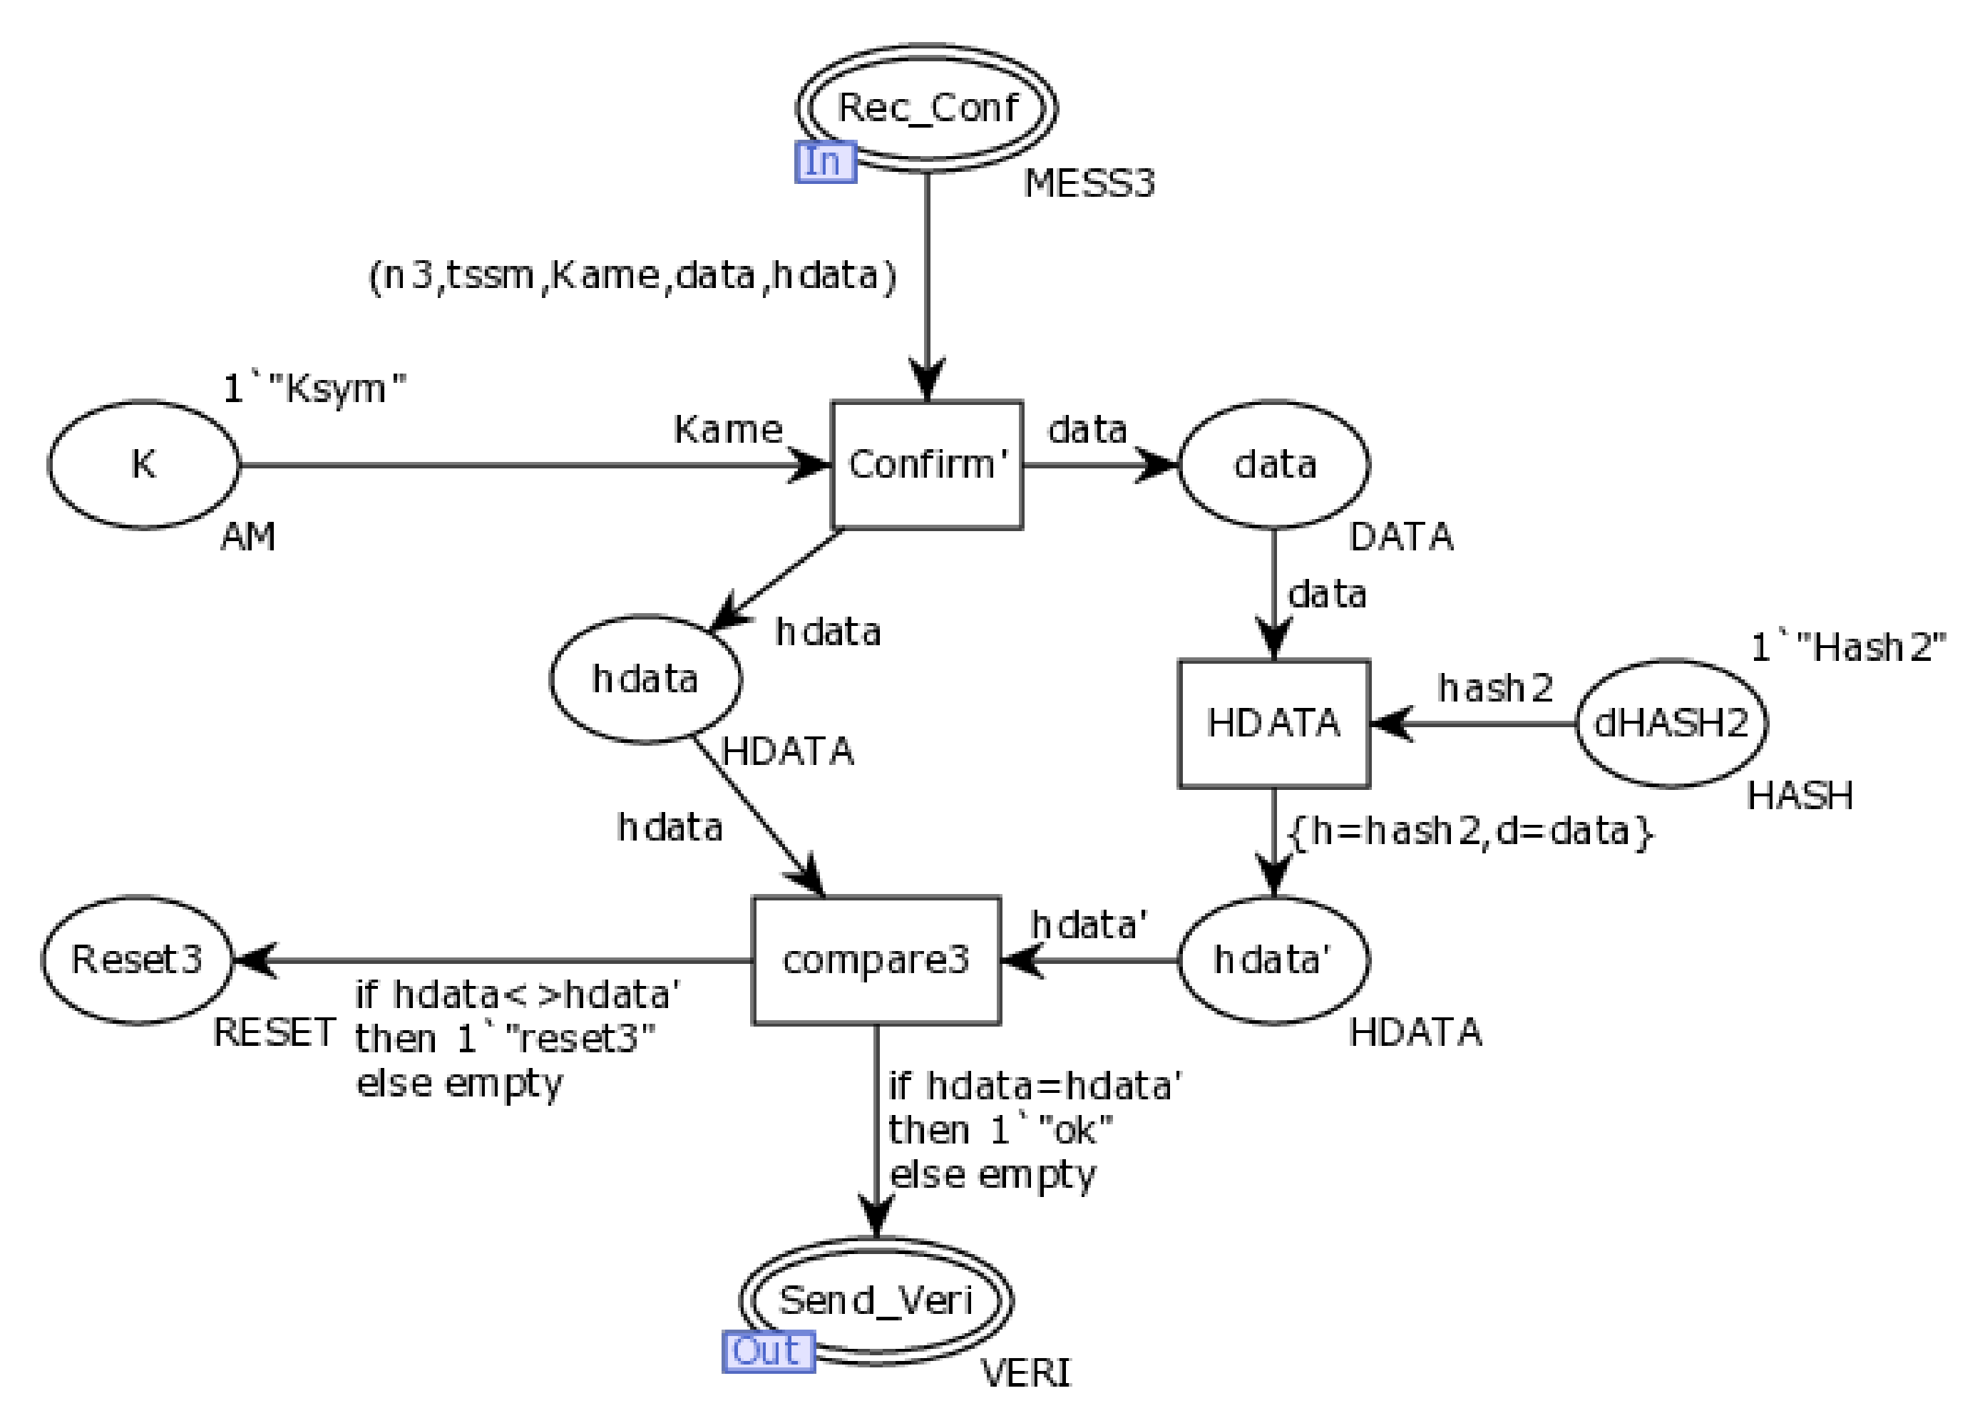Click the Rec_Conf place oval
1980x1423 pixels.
click(x=926, y=108)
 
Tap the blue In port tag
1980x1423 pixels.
click(x=825, y=163)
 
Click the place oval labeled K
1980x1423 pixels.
click(x=144, y=464)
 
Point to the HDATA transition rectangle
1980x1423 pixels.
click(x=1273, y=723)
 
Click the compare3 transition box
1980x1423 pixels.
click(x=876, y=960)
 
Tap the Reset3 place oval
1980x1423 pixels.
click(x=137, y=960)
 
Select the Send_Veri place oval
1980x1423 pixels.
click(x=876, y=1300)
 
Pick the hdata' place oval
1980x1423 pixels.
click(x=1273, y=960)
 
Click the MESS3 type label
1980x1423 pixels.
click(x=1089, y=183)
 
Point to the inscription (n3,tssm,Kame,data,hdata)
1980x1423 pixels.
click(x=632, y=276)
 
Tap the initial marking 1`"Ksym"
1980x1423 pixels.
click(x=315, y=389)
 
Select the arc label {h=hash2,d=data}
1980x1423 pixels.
click(x=1470, y=831)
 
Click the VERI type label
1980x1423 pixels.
click(x=1026, y=1373)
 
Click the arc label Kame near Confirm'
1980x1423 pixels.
click(x=727, y=429)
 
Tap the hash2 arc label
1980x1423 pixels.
click(x=1495, y=688)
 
